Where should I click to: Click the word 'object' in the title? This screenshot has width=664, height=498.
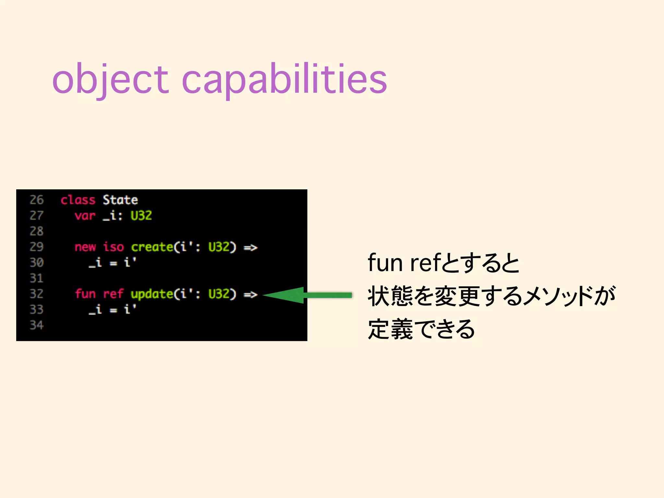(110, 79)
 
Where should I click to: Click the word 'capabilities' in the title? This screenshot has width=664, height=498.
(284, 79)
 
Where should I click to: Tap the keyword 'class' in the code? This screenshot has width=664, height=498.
(78, 200)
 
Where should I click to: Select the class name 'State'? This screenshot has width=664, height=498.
(120, 200)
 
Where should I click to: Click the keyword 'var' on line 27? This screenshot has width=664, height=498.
(85, 216)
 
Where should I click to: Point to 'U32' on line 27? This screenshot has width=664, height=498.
(141, 216)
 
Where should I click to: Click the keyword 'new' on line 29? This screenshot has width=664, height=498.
(85, 247)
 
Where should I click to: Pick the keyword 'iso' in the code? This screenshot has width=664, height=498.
(113, 247)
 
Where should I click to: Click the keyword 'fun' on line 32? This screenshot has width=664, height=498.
(85, 294)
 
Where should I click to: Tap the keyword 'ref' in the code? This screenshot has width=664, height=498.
(113, 294)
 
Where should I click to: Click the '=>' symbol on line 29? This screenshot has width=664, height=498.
(250, 248)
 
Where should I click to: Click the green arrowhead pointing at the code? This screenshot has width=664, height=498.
(285, 295)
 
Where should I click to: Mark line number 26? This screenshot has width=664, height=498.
(37, 200)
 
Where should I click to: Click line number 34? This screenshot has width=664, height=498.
(37, 325)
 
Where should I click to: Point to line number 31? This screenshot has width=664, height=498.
(37, 279)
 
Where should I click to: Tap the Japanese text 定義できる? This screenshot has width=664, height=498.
(421, 329)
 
